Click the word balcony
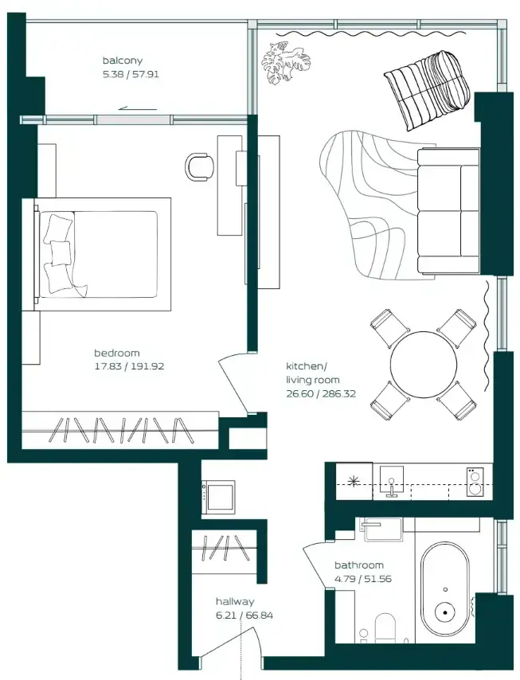coord(123,61)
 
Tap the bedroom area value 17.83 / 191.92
coord(129,366)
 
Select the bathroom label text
coord(359,565)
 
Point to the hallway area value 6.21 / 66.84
coord(244,616)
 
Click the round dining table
coord(424,365)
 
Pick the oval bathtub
coord(445,589)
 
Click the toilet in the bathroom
coord(385,628)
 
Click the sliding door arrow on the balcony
coord(138,108)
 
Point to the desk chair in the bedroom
coord(200,166)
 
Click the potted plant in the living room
coord(285,62)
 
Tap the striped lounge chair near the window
coord(428,90)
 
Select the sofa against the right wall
coord(448,211)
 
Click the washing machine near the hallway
coord(219,497)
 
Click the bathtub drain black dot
coord(445,612)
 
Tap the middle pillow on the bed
coord(61,253)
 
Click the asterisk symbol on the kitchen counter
coord(354,480)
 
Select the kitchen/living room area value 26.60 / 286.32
coord(321,394)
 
